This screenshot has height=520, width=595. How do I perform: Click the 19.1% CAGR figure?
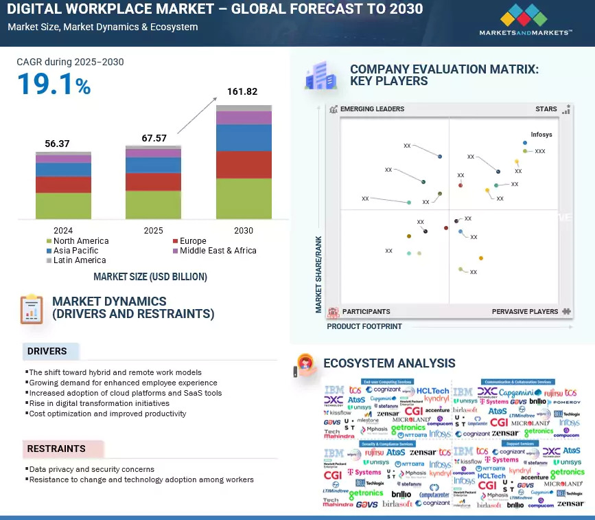[x=54, y=84]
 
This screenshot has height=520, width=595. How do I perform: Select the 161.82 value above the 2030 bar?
[x=244, y=92]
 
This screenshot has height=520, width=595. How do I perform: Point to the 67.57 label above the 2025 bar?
[x=153, y=138]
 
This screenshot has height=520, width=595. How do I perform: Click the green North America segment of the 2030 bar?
[x=244, y=199]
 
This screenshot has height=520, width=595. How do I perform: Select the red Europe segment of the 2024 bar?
[x=63, y=185]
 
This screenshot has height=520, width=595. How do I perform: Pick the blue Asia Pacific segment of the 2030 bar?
[x=244, y=137]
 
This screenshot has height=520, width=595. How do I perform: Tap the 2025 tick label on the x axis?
[x=153, y=231]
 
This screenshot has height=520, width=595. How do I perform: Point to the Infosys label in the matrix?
[x=541, y=135]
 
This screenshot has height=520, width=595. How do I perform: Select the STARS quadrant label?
[x=547, y=109]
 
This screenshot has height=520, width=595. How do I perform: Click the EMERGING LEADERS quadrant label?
[x=372, y=109]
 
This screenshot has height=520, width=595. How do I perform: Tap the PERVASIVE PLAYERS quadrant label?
[x=525, y=312]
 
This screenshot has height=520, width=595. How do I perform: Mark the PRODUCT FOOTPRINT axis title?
[x=364, y=326]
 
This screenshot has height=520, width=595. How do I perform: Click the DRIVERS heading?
[x=47, y=351]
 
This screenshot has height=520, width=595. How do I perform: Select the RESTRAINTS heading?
[x=56, y=449]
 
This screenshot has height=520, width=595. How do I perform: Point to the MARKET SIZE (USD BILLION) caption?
[x=150, y=277]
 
